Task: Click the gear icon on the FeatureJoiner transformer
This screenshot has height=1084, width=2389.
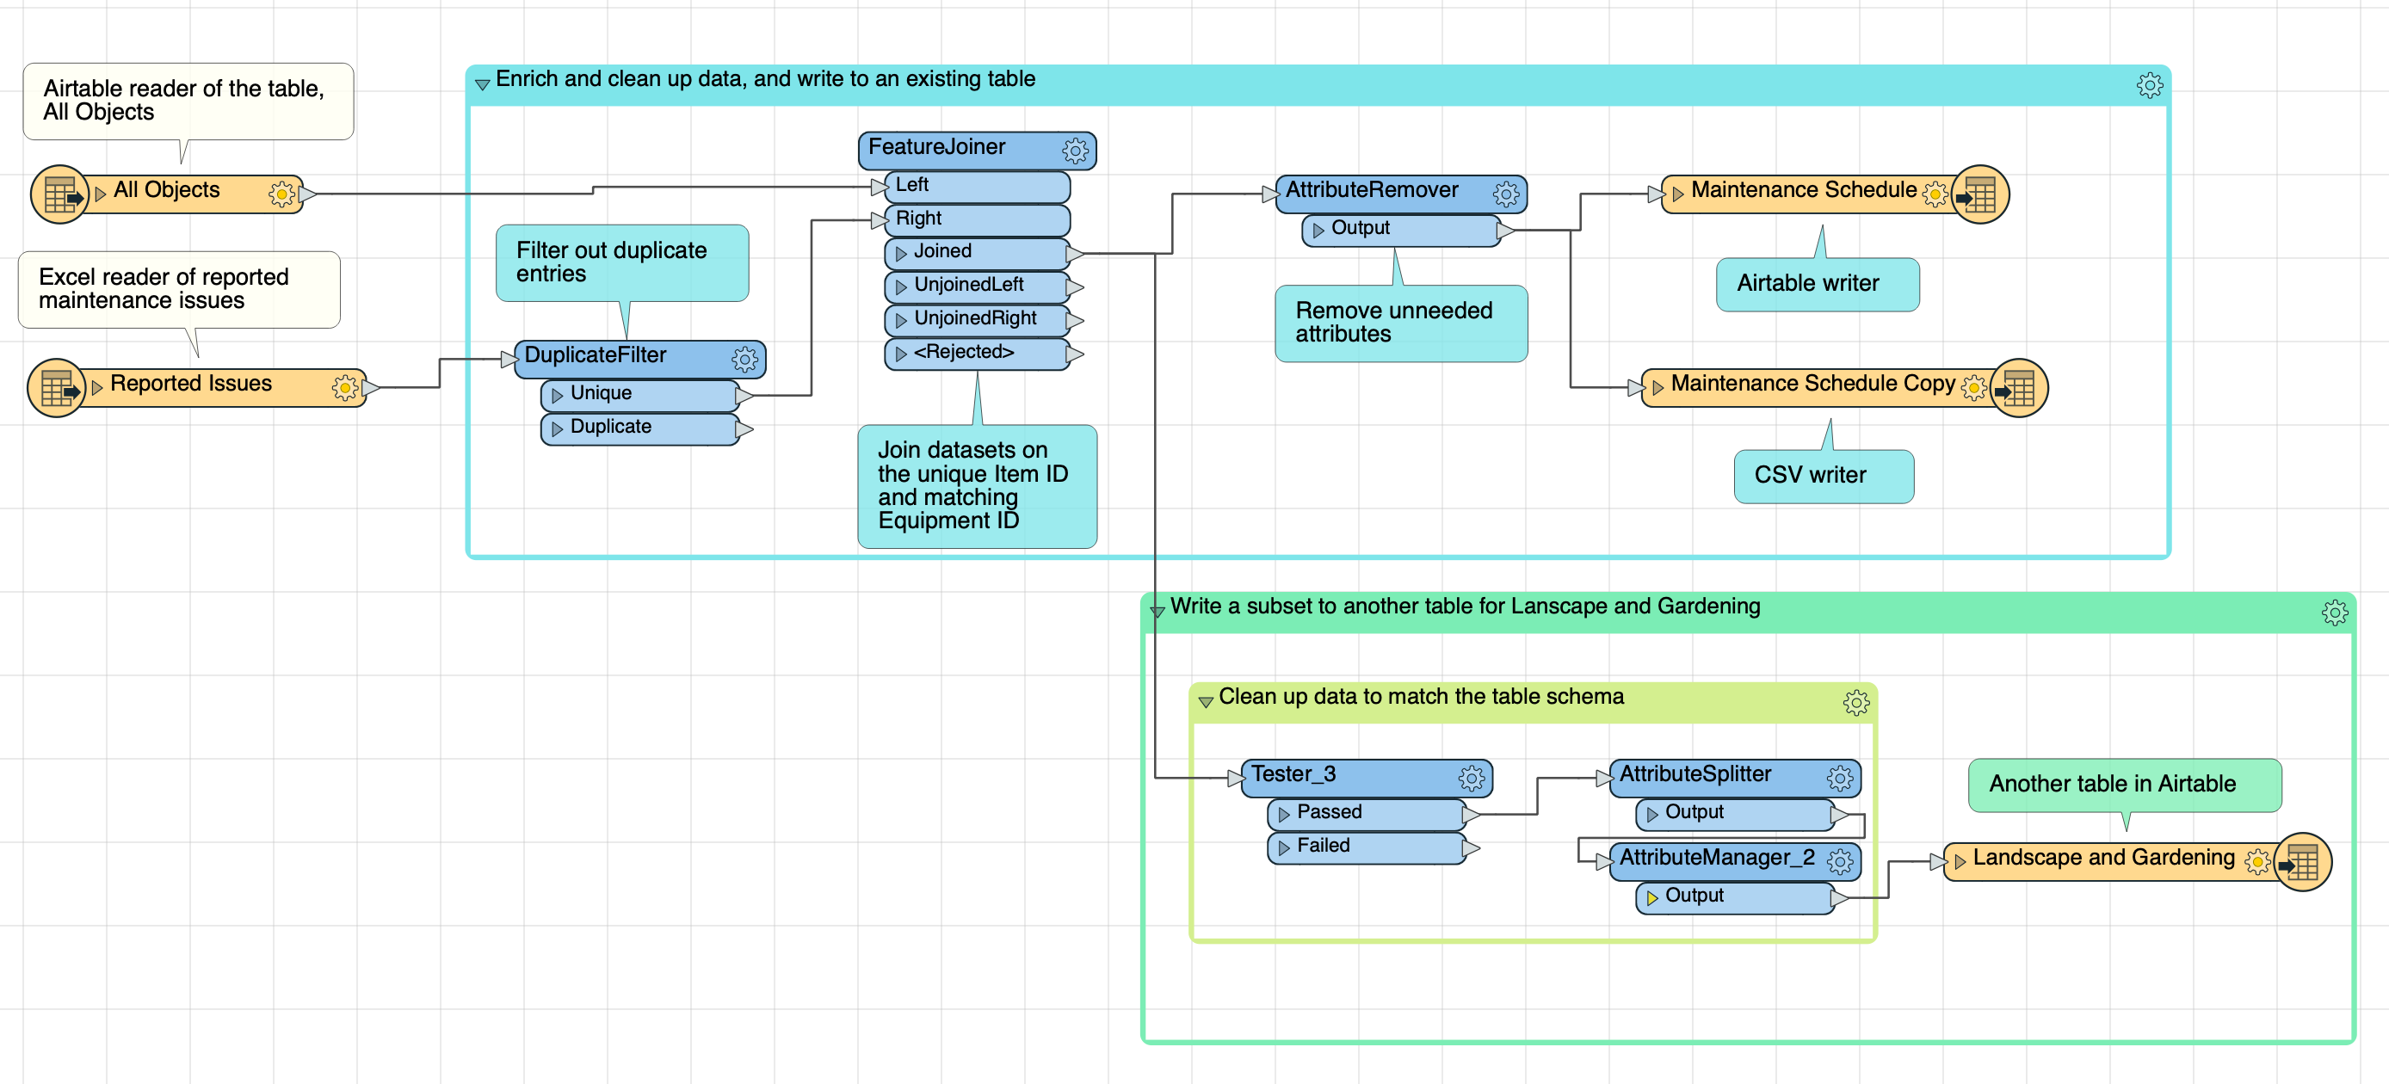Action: click(1075, 151)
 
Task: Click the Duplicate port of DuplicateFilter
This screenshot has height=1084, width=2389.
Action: click(640, 428)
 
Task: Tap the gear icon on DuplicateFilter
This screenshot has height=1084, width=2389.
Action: click(744, 359)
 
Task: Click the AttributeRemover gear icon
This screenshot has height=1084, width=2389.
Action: click(1506, 194)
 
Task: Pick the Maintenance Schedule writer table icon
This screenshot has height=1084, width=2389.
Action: click(1979, 194)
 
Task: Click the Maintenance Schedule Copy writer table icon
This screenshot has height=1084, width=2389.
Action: click(2018, 388)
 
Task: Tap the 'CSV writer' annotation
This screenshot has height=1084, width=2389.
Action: click(1824, 476)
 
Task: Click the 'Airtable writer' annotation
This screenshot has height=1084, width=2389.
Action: click(1817, 284)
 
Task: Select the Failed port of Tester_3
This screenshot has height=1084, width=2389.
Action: click(1366, 847)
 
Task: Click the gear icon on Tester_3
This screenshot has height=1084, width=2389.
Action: click(1472, 778)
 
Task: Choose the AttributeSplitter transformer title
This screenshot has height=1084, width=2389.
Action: click(1695, 774)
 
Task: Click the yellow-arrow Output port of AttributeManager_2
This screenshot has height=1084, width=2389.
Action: click(1734, 896)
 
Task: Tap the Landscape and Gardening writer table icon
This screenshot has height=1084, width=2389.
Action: click(2302, 861)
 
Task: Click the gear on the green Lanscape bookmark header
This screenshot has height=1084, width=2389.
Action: click(2334, 613)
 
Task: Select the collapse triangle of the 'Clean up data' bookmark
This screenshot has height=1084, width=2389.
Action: click(1206, 702)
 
